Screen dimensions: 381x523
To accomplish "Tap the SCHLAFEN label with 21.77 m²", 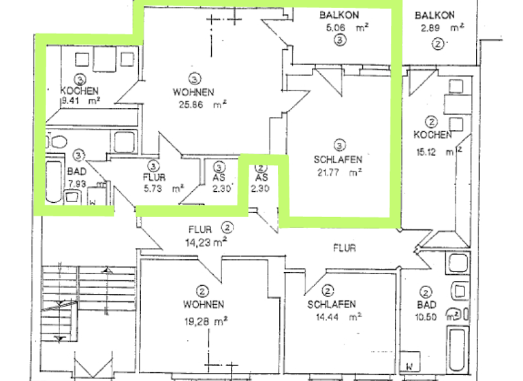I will click(x=338, y=160).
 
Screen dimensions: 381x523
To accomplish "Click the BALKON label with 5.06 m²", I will click(x=340, y=15).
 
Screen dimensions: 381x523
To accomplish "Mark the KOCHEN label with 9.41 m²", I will click(x=80, y=91).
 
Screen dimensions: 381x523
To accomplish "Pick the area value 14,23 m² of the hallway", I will click(x=205, y=240).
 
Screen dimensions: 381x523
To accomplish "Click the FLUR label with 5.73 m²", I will click(x=154, y=178).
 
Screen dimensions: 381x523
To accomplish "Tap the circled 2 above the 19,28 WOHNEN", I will click(x=202, y=288).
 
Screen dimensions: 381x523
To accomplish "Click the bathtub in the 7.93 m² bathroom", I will click(x=54, y=181).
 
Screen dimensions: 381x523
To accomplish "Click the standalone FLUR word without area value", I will click(x=345, y=248).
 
